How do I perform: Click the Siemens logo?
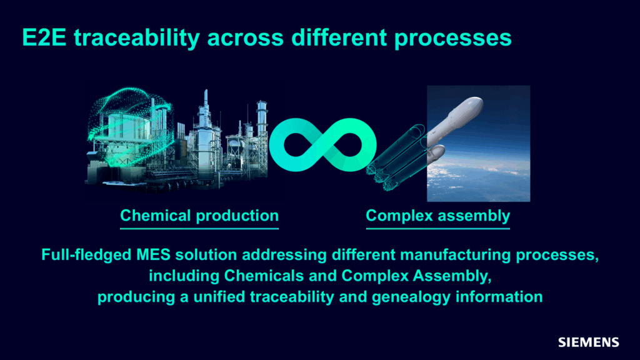[x=588, y=342]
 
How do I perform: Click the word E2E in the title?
[x=44, y=37]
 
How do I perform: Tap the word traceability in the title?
[x=137, y=37]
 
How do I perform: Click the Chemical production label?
[x=199, y=215]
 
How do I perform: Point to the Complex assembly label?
[x=438, y=216]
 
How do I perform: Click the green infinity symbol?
[x=322, y=145]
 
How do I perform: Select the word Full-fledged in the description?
[x=86, y=255]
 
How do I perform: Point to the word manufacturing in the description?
[x=455, y=255]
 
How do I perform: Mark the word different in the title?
[x=339, y=37]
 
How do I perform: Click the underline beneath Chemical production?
[x=199, y=228]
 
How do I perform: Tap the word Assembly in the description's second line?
[x=452, y=276]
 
